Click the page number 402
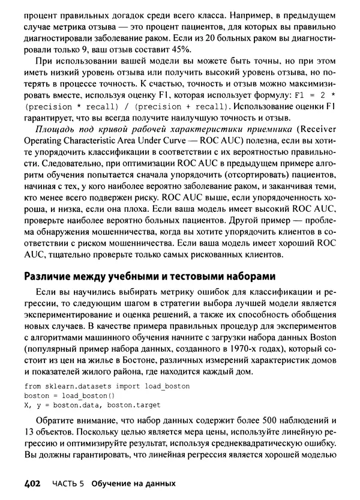pos(34,483)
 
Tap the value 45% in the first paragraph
pos(179,49)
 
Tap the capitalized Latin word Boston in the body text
pos(321,337)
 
